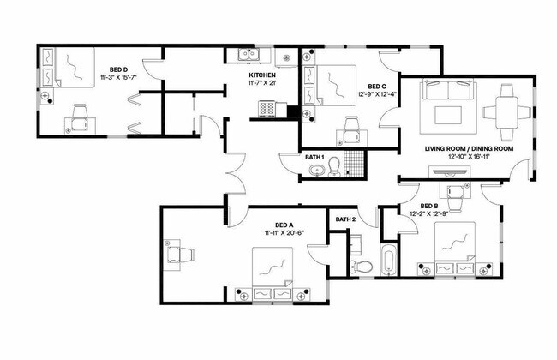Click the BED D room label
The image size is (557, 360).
[119, 69]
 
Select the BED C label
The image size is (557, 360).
[377, 87]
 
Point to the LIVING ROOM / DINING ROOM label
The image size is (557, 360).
[469, 149]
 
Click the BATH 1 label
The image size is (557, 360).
[314, 158]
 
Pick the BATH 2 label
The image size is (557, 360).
[345, 220]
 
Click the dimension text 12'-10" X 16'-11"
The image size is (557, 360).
[469, 158]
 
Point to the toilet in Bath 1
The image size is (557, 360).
[335, 165]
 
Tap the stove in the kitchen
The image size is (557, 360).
[265, 110]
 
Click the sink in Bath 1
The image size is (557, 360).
[316, 171]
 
